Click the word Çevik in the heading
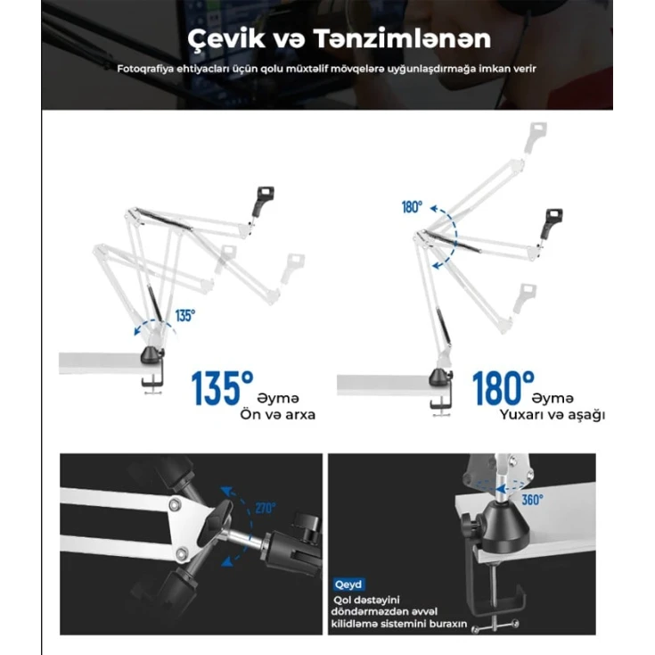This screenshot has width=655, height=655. (226, 38)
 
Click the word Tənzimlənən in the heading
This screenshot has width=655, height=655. (402, 38)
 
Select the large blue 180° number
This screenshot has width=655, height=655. (503, 388)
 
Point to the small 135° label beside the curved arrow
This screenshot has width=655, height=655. (184, 315)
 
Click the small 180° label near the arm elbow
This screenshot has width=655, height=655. (412, 207)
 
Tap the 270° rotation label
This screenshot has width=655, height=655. (266, 508)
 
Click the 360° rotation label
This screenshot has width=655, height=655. (532, 499)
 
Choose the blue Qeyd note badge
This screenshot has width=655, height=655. (348, 585)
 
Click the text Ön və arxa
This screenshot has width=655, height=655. (277, 415)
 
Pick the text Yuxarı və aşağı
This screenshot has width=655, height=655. (553, 415)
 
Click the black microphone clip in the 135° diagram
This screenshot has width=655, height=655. (263, 200)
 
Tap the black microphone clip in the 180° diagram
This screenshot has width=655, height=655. (552, 223)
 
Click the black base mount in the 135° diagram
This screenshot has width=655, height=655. (152, 354)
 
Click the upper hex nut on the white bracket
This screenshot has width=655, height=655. (174, 505)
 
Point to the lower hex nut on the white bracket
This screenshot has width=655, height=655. (181, 554)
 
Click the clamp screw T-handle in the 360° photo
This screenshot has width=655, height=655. (495, 626)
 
